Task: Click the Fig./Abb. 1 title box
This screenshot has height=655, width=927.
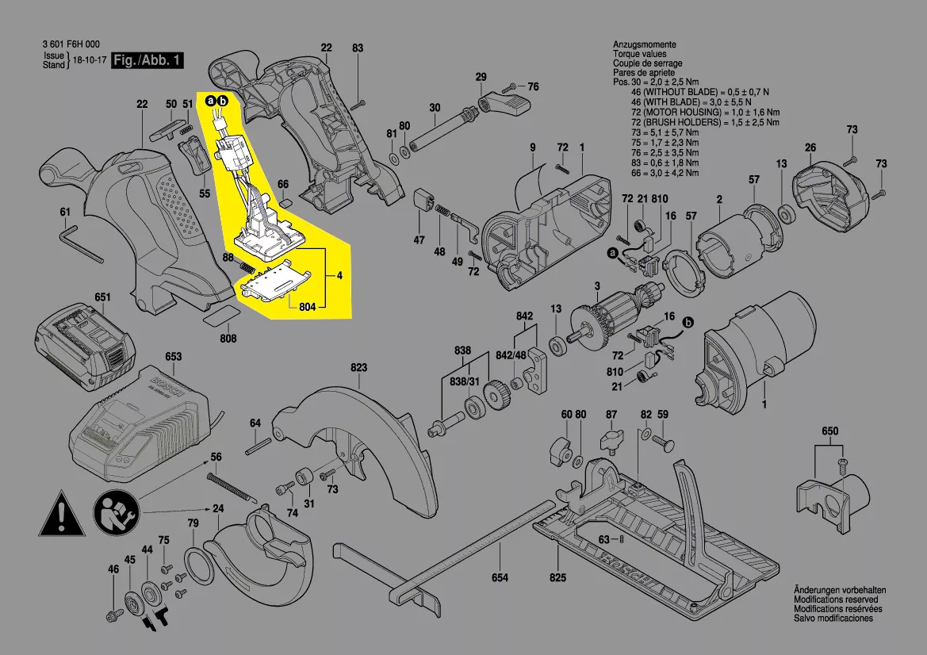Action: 148,61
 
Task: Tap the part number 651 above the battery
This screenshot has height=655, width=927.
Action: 103,297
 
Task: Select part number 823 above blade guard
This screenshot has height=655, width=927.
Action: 359,368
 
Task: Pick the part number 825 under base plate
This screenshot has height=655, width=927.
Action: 559,577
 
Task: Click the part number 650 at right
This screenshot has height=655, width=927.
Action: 829,430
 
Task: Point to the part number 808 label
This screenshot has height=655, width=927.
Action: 228,339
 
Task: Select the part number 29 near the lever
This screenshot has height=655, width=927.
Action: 481,77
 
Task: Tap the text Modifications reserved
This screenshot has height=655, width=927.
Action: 838,600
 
